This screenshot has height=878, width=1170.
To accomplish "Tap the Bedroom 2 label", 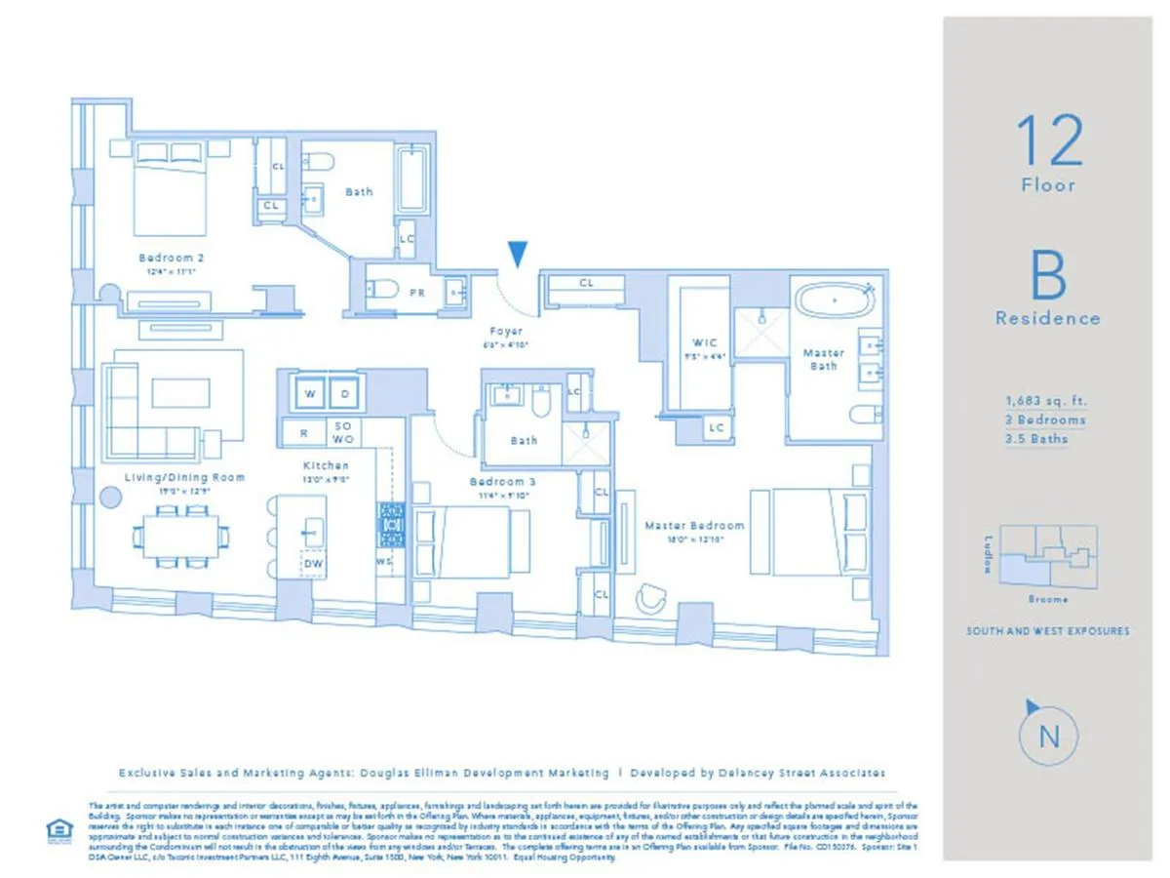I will [x=171, y=259].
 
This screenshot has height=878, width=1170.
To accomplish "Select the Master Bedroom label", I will [x=694, y=526].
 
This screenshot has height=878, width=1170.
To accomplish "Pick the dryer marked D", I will [x=346, y=394].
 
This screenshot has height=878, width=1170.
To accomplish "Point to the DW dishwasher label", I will [x=313, y=564].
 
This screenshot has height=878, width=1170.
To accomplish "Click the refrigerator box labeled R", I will [x=303, y=432].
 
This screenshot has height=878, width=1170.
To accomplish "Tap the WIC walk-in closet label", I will [x=705, y=343].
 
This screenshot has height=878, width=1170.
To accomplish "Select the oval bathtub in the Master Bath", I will [x=834, y=299].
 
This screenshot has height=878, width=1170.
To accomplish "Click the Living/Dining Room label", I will [x=184, y=478].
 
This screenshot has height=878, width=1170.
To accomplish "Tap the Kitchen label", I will [x=326, y=466].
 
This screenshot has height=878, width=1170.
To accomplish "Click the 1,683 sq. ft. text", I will [x=1047, y=400].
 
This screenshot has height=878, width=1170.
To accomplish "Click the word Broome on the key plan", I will [x=1047, y=599].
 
